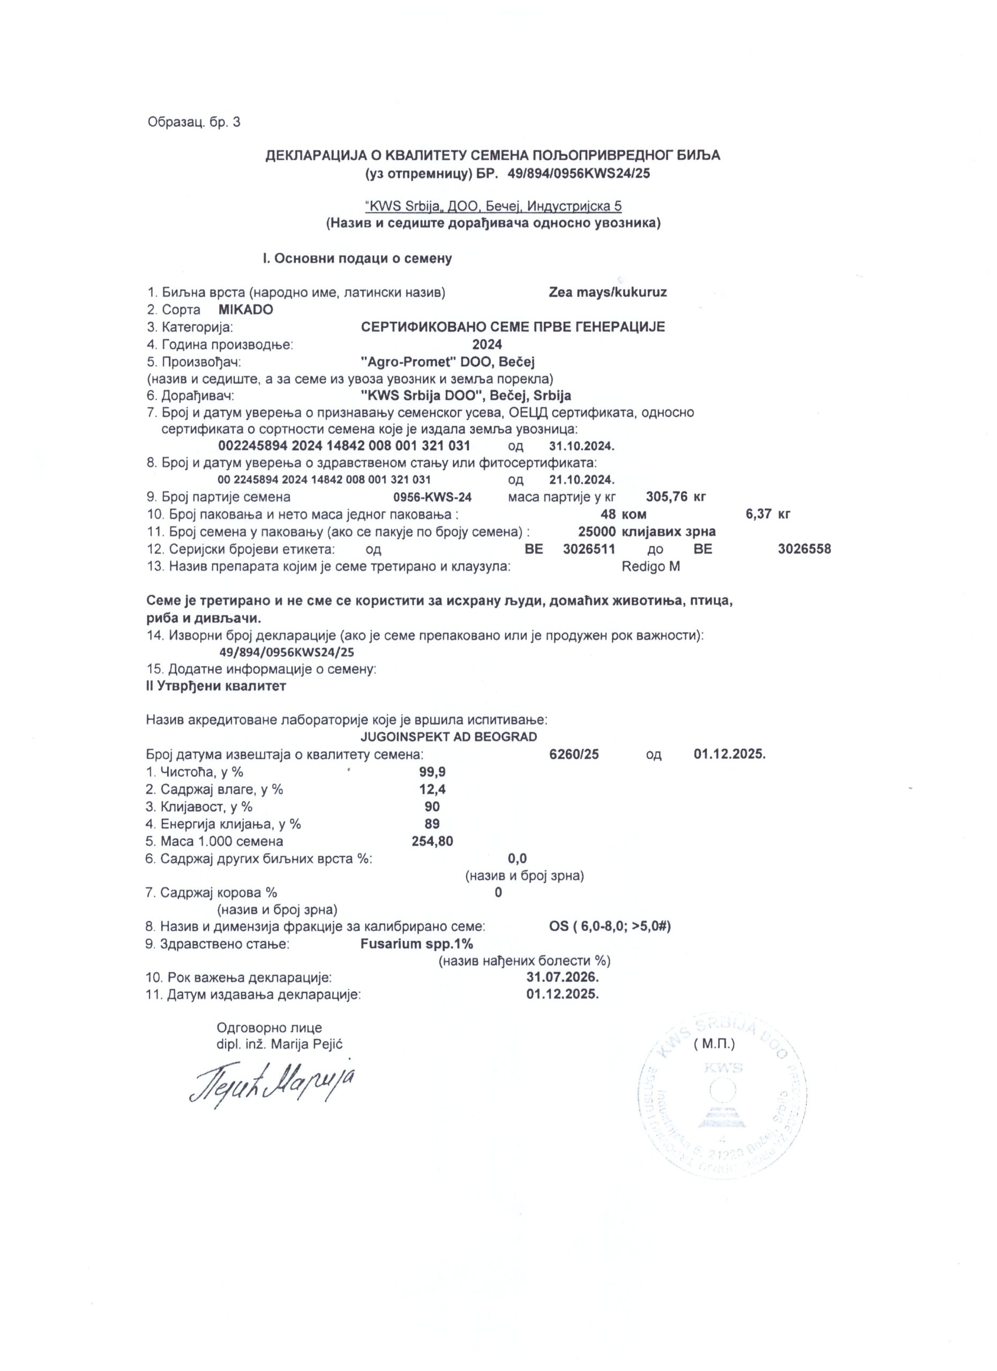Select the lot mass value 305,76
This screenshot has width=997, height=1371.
(x=666, y=497)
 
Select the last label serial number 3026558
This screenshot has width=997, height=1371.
(x=804, y=549)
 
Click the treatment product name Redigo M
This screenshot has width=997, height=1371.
(x=650, y=567)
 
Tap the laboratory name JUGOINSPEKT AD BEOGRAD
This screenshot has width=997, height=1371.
(x=448, y=737)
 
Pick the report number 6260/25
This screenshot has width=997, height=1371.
(x=574, y=755)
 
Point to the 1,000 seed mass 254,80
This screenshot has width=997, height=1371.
(x=432, y=841)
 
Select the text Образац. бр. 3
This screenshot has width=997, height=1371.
(x=194, y=122)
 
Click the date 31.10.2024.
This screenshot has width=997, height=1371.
(x=582, y=446)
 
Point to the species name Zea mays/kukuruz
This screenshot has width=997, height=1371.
(x=608, y=292)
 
